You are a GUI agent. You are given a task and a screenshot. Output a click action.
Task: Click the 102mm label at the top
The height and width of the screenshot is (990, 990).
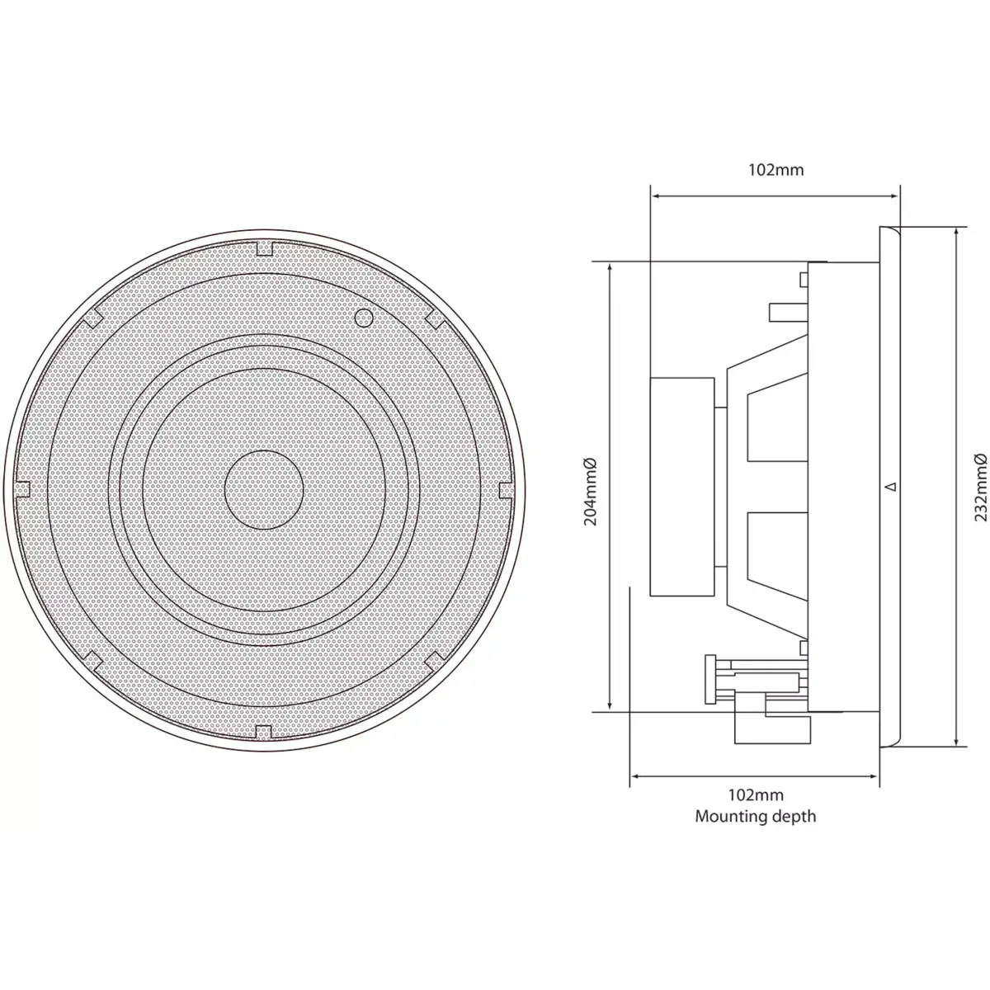775,170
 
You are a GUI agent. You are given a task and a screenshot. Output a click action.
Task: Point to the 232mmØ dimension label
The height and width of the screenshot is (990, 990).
978,487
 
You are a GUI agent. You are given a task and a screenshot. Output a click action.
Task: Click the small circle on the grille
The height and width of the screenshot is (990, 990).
363,317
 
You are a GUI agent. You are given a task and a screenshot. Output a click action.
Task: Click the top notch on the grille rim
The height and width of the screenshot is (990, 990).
265,247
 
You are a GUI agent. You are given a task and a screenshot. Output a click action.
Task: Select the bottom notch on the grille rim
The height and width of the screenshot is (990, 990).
264,730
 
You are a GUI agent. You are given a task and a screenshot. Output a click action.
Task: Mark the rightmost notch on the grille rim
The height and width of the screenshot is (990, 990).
506,488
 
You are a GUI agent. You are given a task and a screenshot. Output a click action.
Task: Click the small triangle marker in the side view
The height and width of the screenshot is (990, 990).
889,487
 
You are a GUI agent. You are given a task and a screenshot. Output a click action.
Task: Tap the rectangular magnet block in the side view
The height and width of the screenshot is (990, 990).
682,487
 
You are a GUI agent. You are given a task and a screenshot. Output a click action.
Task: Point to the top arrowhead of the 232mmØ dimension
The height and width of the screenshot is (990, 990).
956,232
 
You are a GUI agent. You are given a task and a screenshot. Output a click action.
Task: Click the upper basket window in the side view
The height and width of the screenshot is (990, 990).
775,425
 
